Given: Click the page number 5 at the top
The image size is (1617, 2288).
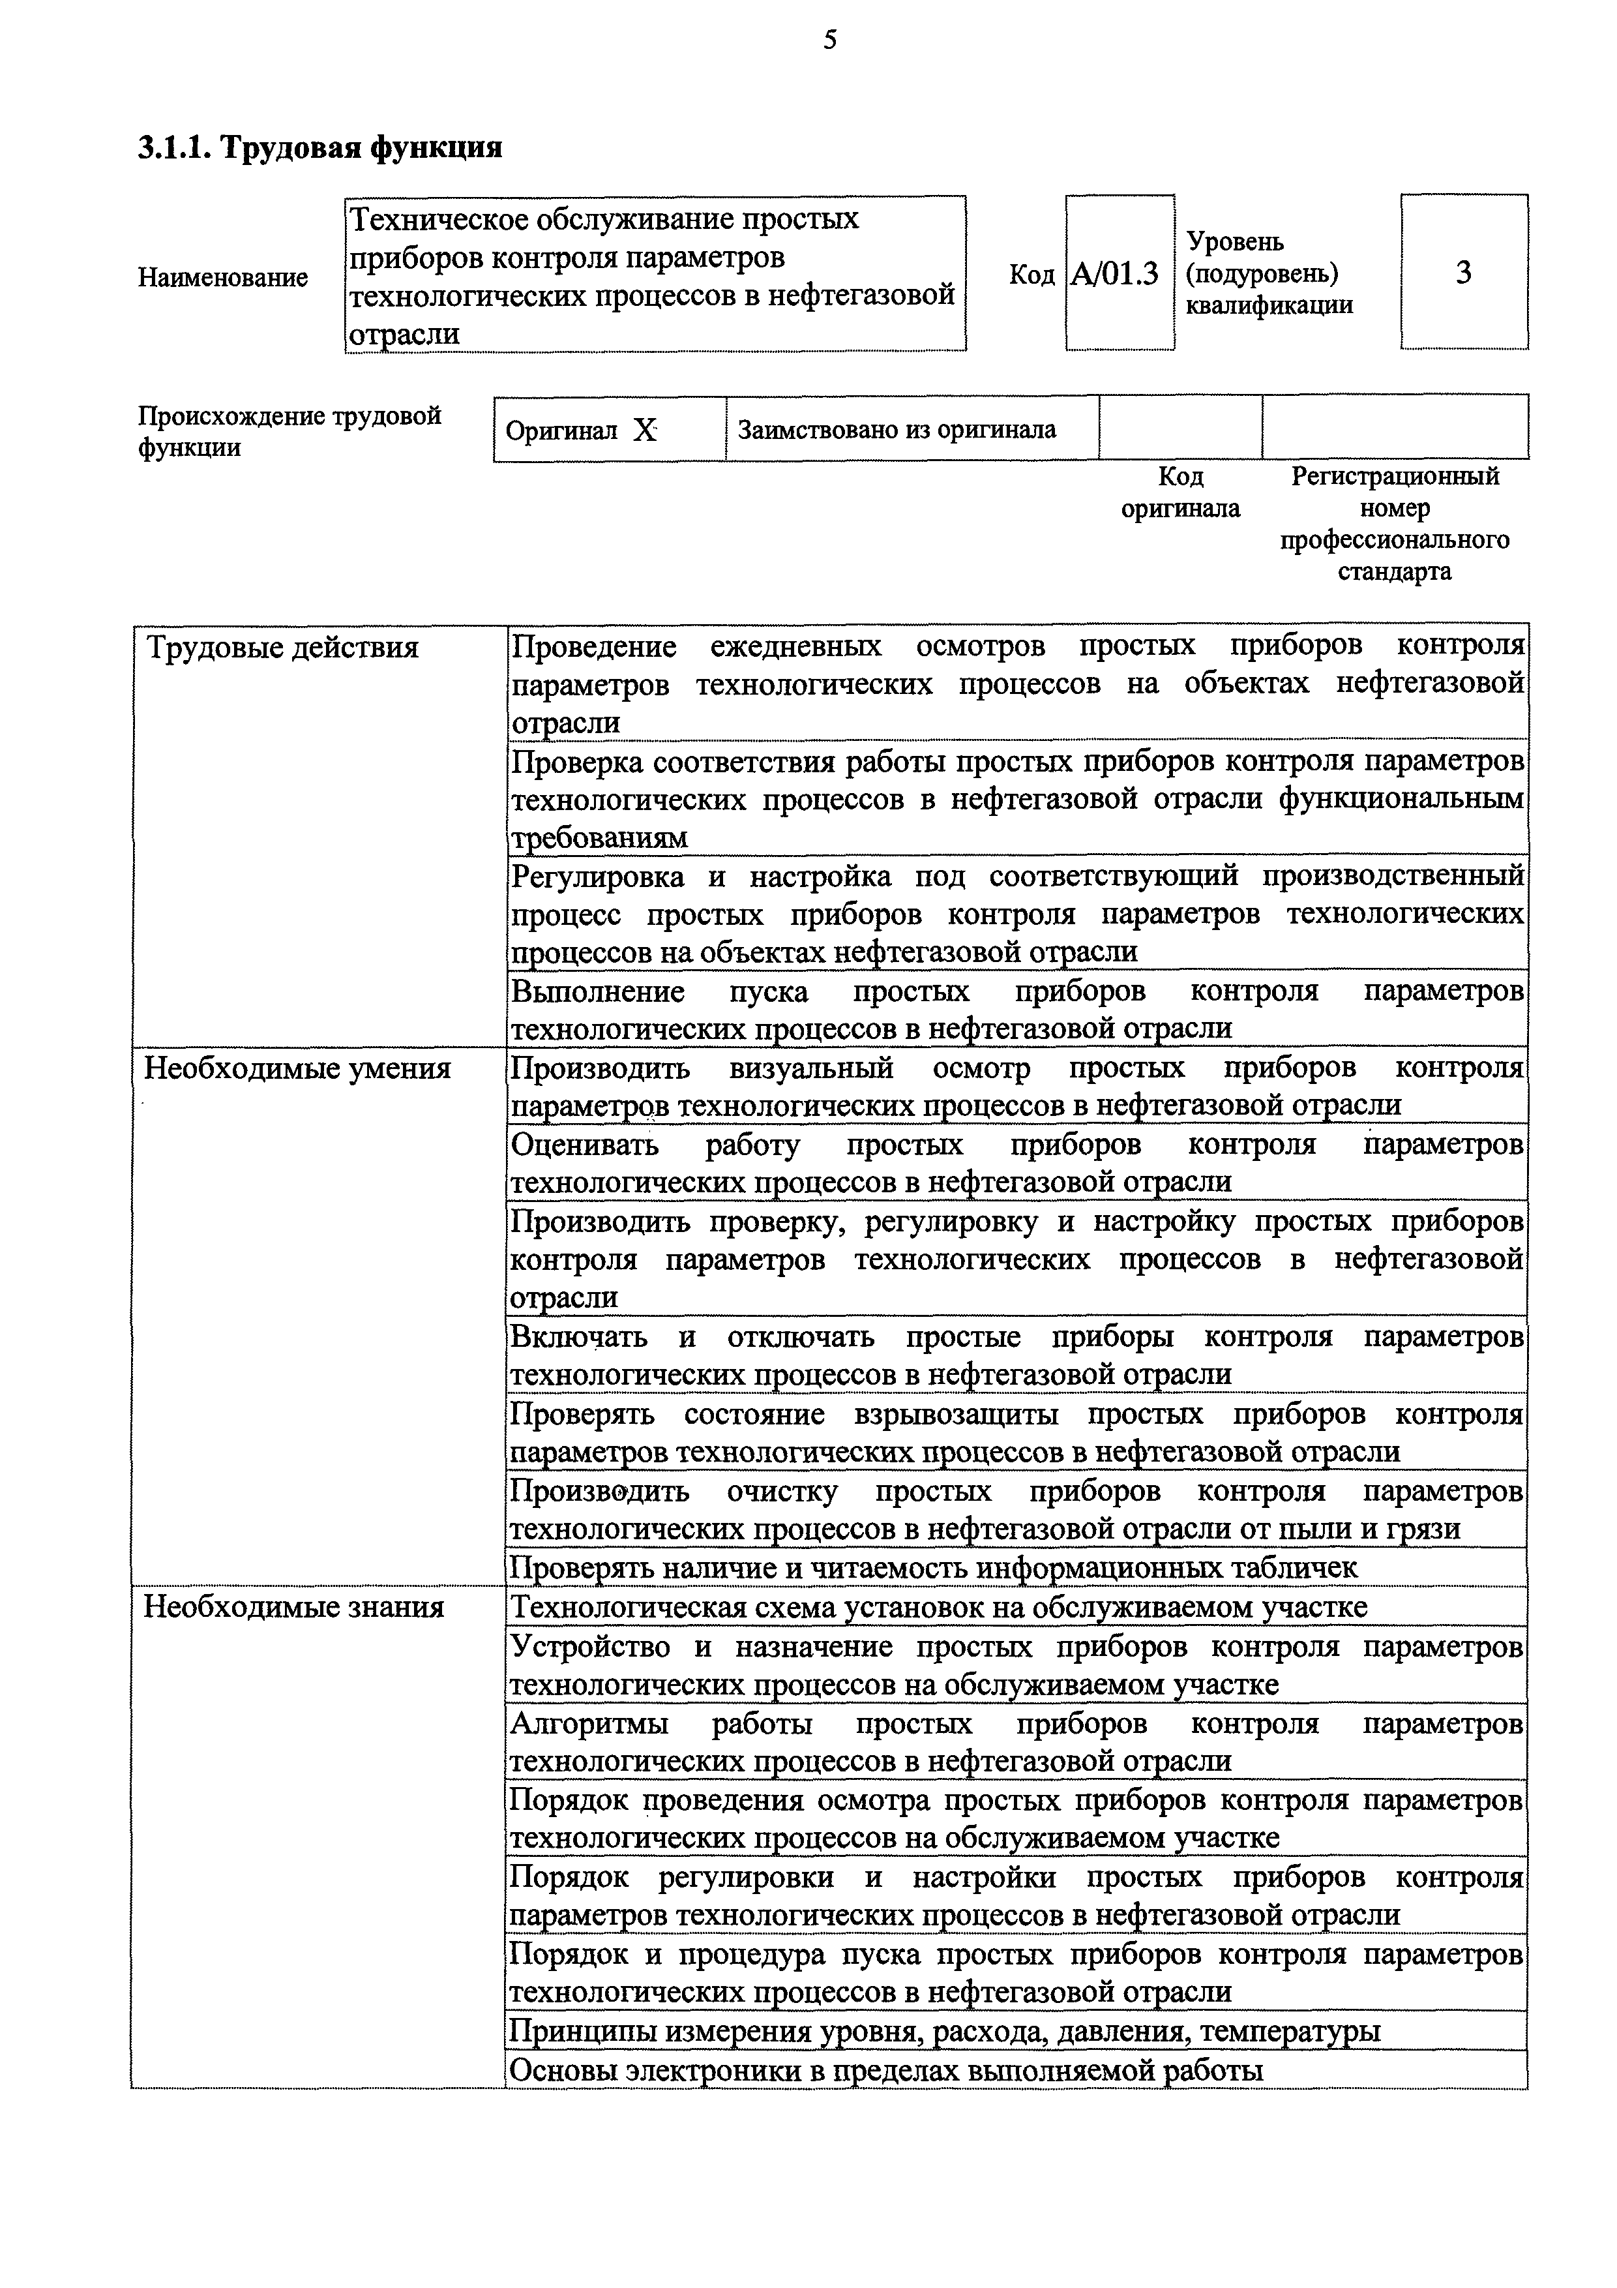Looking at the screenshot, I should click(x=830, y=40).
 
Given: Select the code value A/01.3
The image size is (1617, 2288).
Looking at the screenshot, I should click(x=1115, y=273).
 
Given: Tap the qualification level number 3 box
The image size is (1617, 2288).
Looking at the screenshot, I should click(x=1462, y=272).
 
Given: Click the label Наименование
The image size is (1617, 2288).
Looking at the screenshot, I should click(x=222, y=277).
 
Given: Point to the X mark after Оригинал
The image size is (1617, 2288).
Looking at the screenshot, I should click(x=645, y=430).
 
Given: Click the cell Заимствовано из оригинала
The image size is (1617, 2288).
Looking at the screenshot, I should click(x=897, y=430).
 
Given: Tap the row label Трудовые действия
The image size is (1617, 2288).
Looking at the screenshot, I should click(x=283, y=649).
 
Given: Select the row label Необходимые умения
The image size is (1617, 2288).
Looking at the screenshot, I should click(x=297, y=1069).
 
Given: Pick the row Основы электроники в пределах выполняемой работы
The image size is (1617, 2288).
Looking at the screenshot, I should click(x=885, y=2071).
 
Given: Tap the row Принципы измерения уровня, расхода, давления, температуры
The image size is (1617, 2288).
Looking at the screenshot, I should click(x=945, y=2032).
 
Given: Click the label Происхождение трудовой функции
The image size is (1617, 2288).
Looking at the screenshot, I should click(x=289, y=430).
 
